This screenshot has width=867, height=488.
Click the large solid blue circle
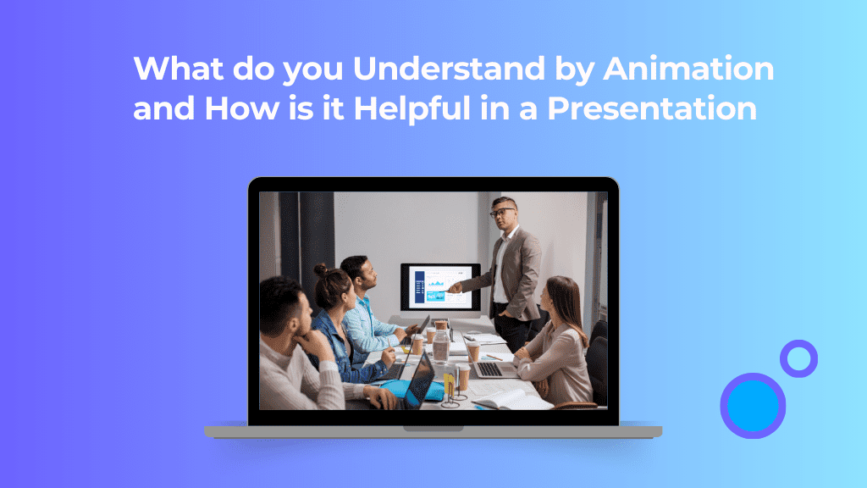pyautogui.click(x=752, y=406)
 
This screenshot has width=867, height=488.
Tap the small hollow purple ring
pyautogui.click(x=798, y=358)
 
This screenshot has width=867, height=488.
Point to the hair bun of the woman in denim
pyautogui.click(x=321, y=270)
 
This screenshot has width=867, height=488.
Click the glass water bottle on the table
pyautogui.click(x=441, y=346)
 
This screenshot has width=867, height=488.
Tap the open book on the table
pyautogui.click(x=513, y=397)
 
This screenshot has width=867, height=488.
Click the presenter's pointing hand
pyautogui.click(x=456, y=288)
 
